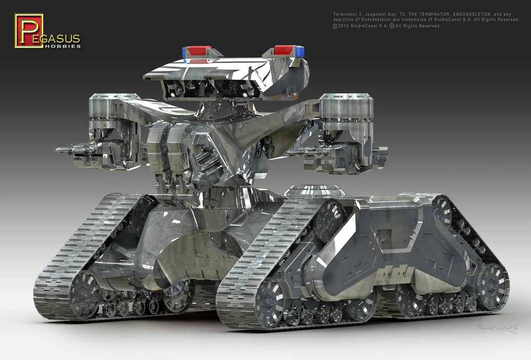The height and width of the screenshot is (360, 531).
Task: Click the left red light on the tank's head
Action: (200, 50)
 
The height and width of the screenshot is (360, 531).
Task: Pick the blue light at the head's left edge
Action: (185, 52)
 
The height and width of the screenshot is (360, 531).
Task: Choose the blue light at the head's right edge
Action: (300, 51)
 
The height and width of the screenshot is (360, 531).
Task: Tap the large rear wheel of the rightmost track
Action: (491, 286)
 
